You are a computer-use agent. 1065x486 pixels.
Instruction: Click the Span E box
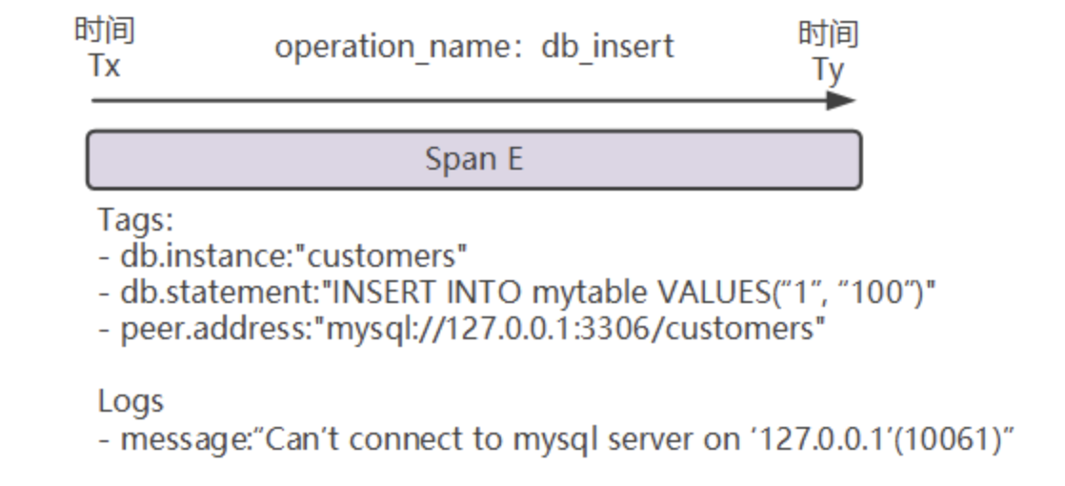tap(473, 159)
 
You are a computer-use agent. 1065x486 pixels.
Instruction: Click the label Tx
tap(104, 67)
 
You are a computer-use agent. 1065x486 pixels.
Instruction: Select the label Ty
tap(828, 69)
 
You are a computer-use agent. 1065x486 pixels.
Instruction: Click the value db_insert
tap(608, 46)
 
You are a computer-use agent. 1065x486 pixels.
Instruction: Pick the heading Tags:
tap(136, 220)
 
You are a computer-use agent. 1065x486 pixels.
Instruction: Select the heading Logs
tap(131, 401)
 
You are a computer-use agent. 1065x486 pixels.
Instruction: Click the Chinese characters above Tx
tap(105, 31)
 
